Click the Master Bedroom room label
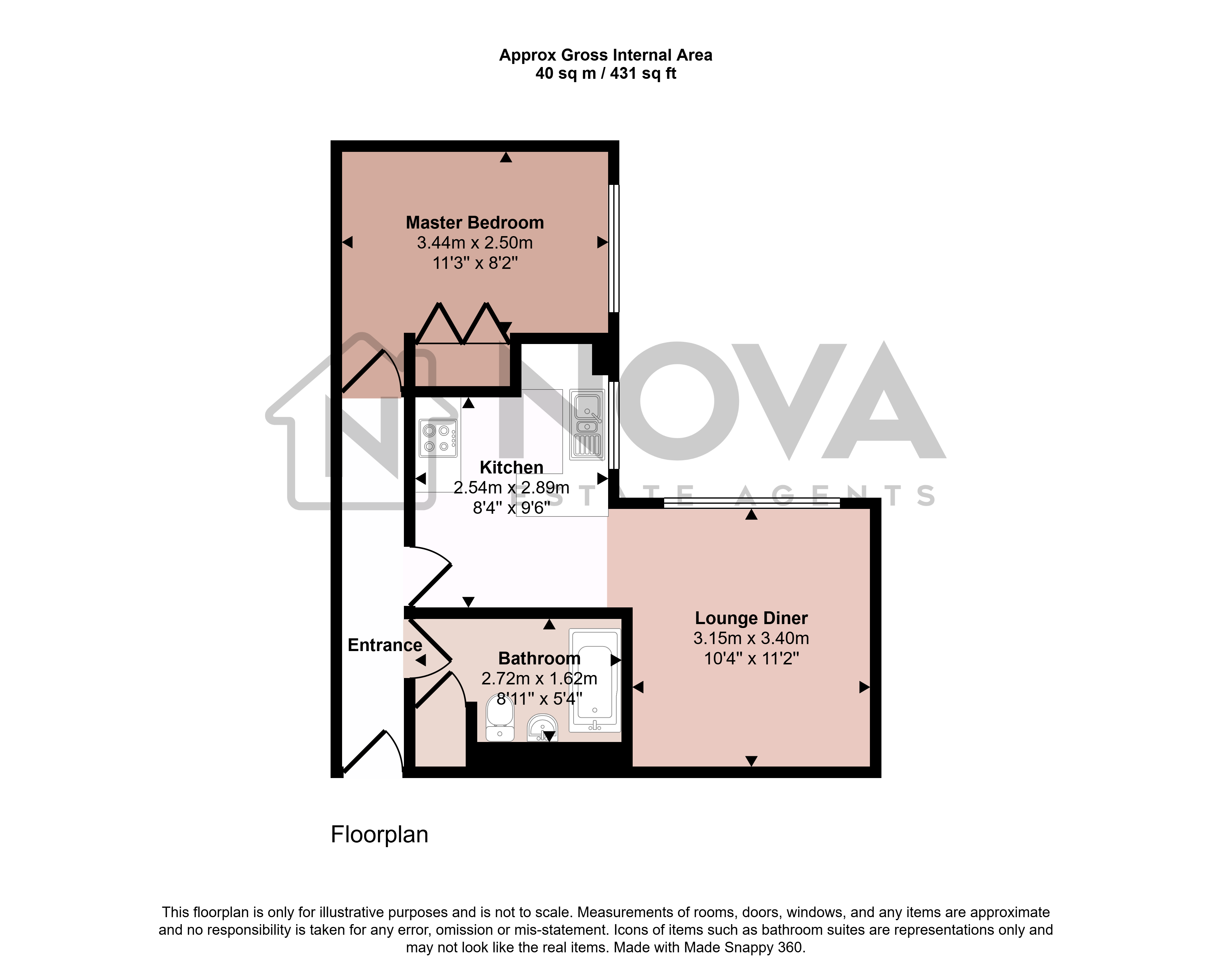(475, 223)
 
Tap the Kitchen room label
(511, 467)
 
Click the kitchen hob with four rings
(438, 439)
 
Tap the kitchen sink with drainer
(587, 424)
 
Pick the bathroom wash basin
(542, 727)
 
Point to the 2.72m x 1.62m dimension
(539, 678)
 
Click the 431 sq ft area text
(643, 73)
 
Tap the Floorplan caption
(379, 835)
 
